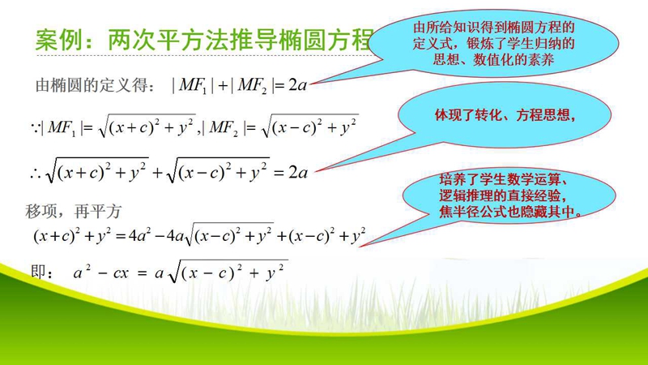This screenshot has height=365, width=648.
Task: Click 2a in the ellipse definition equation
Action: click(297, 85)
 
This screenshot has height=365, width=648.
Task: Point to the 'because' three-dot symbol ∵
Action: click(36, 127)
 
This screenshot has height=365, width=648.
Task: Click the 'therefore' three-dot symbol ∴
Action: click(36, 174)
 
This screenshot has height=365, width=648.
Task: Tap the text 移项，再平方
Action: click(73, 212)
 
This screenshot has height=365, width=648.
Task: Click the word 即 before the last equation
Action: click(39, 273)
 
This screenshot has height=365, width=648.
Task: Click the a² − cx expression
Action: click(100, 273)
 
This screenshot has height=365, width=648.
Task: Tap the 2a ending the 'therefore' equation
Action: click(298, 172)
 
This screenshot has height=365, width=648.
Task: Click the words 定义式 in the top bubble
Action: click(433, 44)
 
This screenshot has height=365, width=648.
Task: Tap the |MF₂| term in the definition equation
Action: click(252, 85)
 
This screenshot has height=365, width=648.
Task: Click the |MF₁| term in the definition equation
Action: click(193, 85)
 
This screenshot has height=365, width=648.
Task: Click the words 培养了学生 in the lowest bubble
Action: click(473, 179)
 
